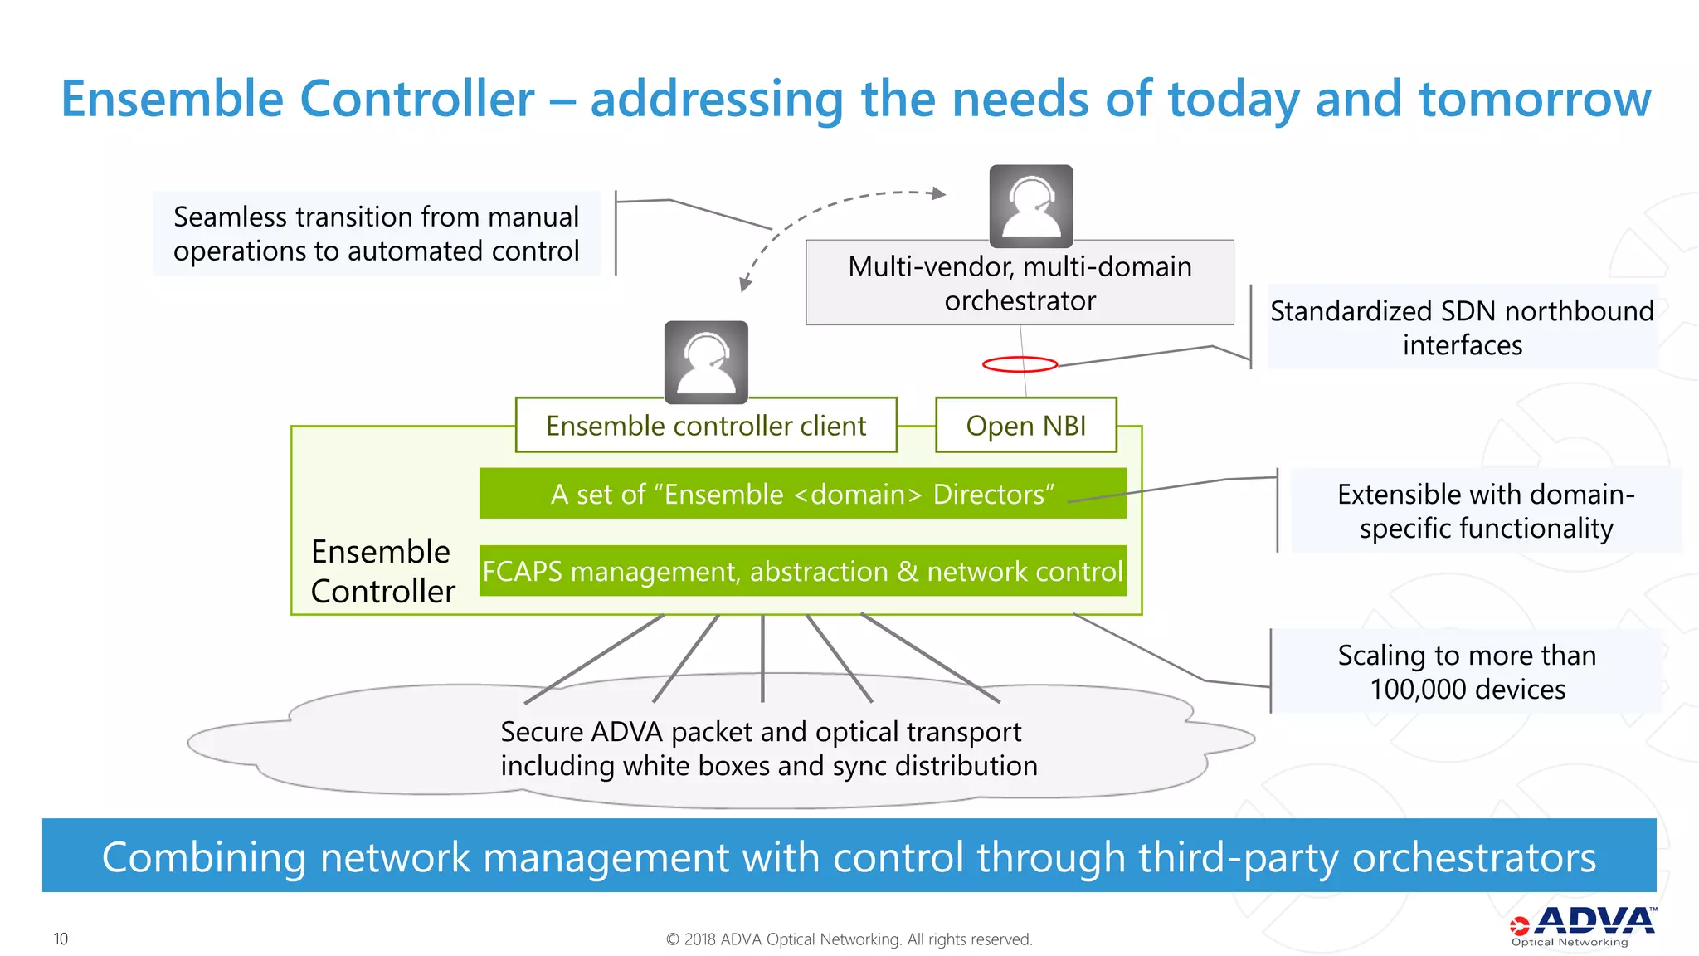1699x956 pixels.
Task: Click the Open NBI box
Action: [x=1025, y=425]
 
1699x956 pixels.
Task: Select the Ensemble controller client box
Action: [x=706, y=425]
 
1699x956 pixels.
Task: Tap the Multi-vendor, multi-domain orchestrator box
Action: [x=1020, y=283]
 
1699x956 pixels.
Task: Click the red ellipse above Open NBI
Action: [x=1020, y=363]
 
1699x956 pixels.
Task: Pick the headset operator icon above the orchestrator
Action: [x=1031, y=206]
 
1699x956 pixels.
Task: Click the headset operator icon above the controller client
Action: [x=706, y=362]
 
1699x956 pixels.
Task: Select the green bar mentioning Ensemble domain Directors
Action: [x=802, y=494]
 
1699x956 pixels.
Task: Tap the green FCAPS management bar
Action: [x=802, y=571]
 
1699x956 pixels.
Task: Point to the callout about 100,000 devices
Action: [x=1467, y=671]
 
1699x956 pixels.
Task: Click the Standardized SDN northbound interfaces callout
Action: [x=1462, y=327]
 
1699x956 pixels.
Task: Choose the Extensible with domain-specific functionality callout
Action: [x=1486, y=510]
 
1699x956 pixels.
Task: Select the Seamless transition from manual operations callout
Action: [x=376, y=233]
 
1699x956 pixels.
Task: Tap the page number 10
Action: [x=61, y=939]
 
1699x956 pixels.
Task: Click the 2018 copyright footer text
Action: [x=849, y=939]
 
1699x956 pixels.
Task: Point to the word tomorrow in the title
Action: [x=1535, y=99]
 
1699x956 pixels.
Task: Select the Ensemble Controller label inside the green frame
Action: [x=382, y=571]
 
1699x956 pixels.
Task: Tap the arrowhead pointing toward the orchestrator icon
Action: [x=938, y=193]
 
